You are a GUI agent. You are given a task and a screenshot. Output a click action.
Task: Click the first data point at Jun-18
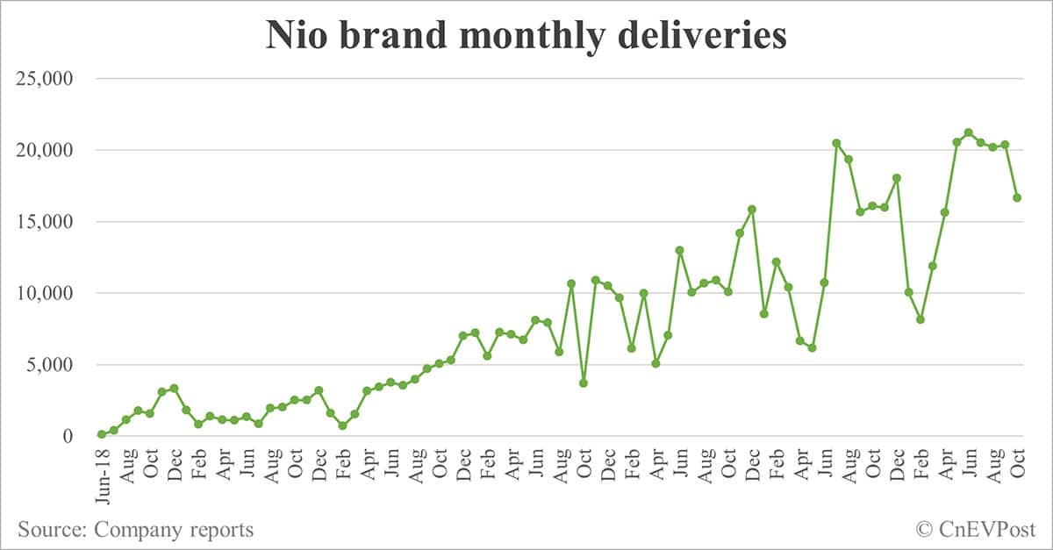point(102,434)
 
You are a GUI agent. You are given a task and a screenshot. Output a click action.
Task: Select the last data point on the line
point(1017,197)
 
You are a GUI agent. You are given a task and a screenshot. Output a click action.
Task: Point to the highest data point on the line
point(969,132)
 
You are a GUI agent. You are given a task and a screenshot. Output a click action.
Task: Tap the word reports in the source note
point(220,530)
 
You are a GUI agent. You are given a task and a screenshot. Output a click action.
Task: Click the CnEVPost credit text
point(987,529)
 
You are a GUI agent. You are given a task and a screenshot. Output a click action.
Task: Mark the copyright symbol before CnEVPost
point(924,529)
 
